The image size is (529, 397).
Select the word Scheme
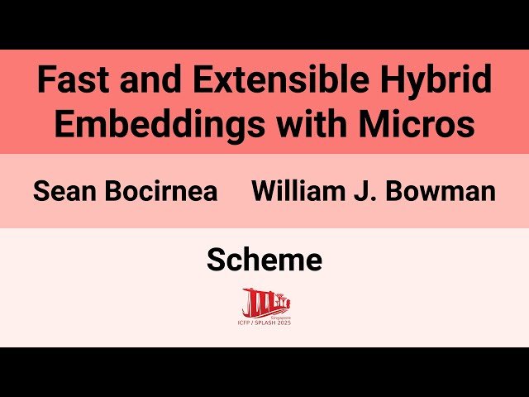pyautogui.click(x=264, y=261)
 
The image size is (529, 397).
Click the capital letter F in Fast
pyautogui.click(x=45, y=81)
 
